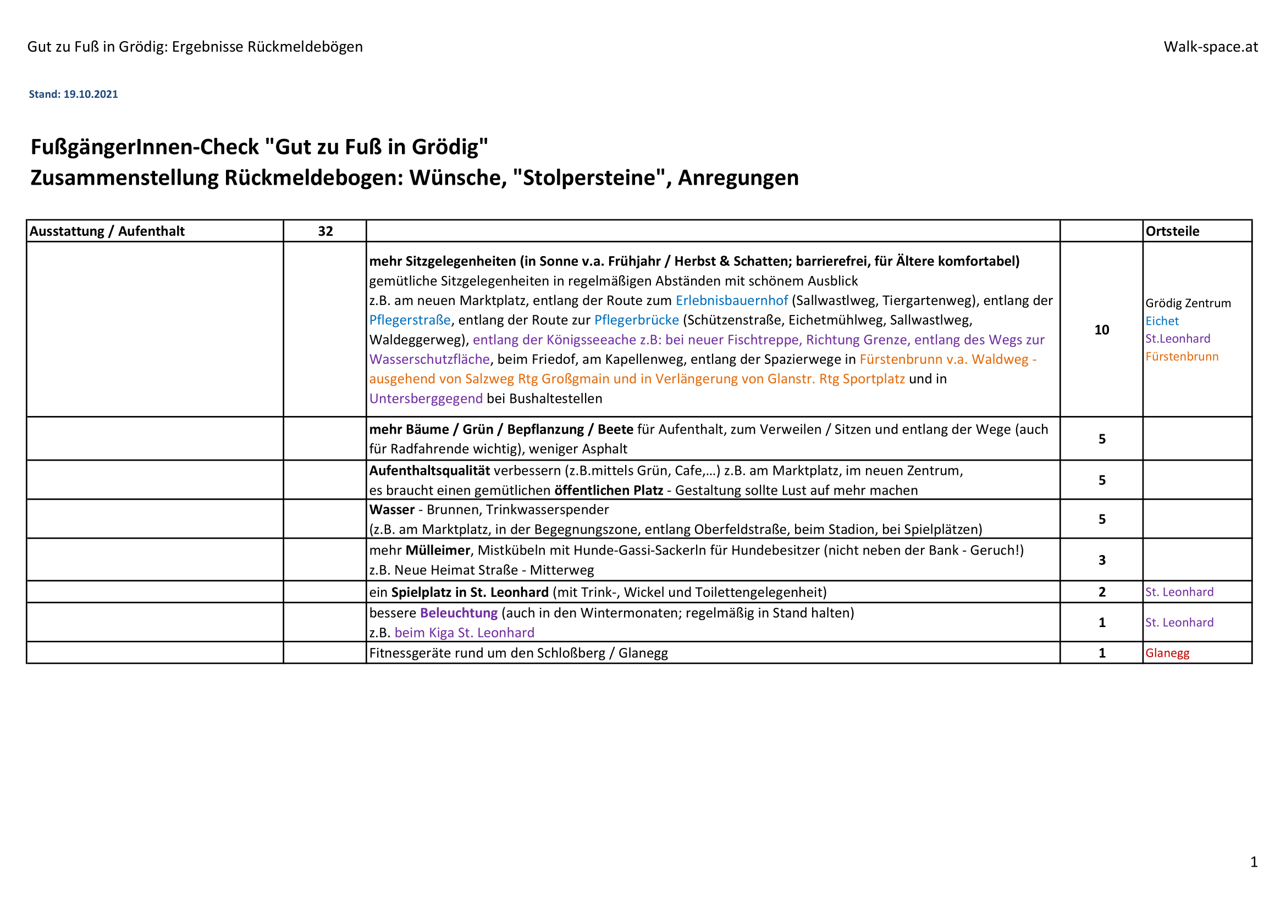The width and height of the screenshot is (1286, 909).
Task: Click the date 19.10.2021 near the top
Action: tap(90, 94)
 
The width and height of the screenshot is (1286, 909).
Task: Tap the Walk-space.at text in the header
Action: tap(1210, 47)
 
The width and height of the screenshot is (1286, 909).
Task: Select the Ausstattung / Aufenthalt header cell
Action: tap(107, 231)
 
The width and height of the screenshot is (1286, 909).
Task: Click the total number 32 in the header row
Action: tap(325, 231)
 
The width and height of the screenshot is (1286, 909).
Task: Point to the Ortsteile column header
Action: tap(1172, 231)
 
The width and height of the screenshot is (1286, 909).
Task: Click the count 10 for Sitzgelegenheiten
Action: tap(1101, 330)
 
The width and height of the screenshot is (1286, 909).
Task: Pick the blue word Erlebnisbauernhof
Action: tap(731, 301)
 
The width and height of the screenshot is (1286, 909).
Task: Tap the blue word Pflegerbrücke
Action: tap(636, 320)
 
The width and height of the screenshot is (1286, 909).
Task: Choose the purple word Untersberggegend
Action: tap(426, 398)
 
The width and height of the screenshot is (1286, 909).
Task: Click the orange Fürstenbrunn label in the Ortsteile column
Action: tap(1182, 357)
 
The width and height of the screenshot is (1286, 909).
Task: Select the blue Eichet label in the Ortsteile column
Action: tap(1162, 322)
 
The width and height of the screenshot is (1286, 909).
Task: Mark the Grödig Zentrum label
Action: tap(1188, 303)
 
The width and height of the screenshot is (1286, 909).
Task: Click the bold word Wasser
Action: tap(391, 510)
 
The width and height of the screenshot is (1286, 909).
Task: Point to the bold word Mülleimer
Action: tap(438, 550)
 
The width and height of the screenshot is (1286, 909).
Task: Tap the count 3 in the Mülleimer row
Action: tap(1102, 560)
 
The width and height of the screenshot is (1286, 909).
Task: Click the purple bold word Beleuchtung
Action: tap(459, 613)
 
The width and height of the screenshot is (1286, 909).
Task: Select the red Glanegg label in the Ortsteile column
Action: tap(1167, 653)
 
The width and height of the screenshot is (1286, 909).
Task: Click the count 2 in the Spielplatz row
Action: tap(1102, 592)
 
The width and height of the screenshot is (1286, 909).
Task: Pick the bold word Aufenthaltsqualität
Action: tap(429, 471)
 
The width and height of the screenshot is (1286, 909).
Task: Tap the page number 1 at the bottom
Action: tap(1254, 862)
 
